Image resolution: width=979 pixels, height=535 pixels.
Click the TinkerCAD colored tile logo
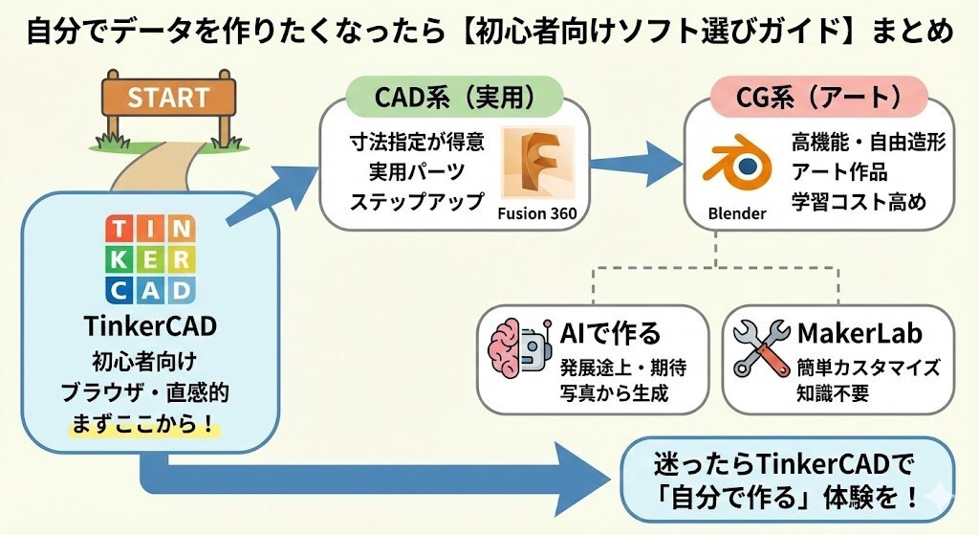click(150, 258)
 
